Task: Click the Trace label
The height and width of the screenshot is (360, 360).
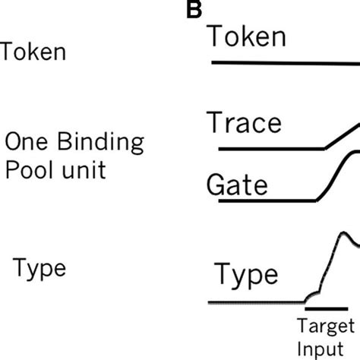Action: point(244,123)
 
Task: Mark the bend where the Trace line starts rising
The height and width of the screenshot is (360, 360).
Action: point(324,148)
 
